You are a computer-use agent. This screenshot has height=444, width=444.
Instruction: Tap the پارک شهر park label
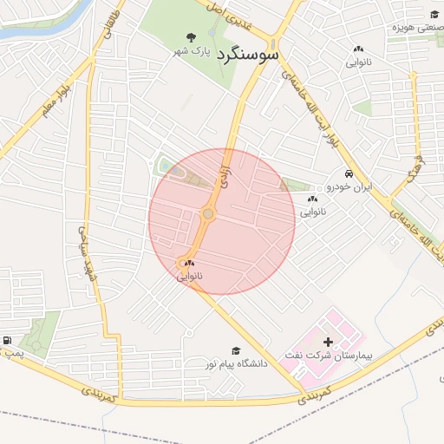[190, 52]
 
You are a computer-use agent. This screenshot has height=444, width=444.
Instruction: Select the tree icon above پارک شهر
[191, 37]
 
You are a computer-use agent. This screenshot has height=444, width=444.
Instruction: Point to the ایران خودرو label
[355, 187]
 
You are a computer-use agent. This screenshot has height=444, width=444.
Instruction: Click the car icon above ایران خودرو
[349, 173]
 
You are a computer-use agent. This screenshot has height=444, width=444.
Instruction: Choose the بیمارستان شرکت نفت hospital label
[326, 356]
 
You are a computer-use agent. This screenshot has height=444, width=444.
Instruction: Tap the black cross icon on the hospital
[327, 343]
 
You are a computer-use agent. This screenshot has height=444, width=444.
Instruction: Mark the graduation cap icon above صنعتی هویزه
[434, 14]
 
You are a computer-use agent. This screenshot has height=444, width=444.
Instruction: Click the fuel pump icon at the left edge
[7, 341]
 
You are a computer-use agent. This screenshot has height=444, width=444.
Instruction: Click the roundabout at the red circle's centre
[208, 214]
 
